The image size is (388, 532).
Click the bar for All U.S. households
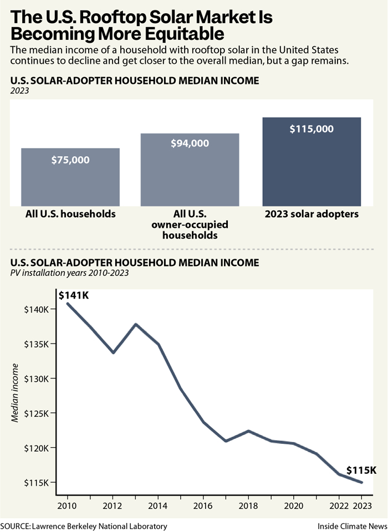click(70, 177)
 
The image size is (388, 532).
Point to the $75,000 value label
click(70, 160)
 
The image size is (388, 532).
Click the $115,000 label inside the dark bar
click(312, 129)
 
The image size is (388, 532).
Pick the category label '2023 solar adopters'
click(312, 214)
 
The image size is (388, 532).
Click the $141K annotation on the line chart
click(74, 295)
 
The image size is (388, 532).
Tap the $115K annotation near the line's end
click(361, 470)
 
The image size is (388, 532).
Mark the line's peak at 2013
click(136, 324)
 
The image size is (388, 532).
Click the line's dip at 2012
click(113, 352)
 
